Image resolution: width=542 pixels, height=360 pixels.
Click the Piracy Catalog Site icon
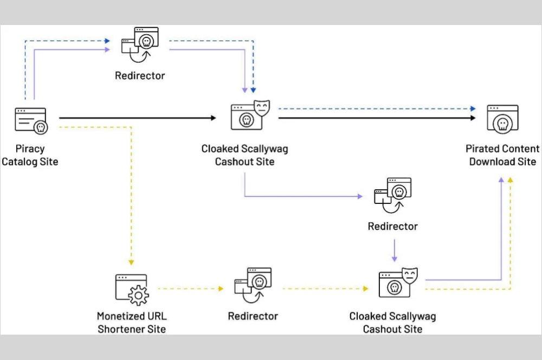(x=30, y=121)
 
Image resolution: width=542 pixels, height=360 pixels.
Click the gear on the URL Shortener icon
(x=139, y=295)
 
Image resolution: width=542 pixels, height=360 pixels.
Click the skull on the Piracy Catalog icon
(x=40, y=127)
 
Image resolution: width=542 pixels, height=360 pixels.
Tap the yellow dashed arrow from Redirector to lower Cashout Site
(x=325, y=288)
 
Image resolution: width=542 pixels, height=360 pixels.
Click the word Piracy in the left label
(x=30, y=149)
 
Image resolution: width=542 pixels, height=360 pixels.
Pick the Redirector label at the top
(x=140, y=75)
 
